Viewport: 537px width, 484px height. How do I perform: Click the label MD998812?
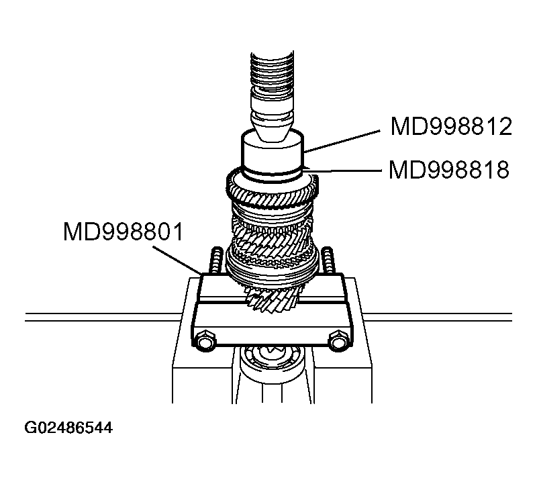point(451,127)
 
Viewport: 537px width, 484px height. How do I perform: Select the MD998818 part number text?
point(449,170)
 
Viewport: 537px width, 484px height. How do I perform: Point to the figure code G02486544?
point(68,427)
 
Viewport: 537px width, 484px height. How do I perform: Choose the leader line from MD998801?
point(178,258)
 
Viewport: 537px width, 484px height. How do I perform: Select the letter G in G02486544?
point(30,427)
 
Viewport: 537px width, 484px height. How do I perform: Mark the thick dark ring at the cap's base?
point(273,175)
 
